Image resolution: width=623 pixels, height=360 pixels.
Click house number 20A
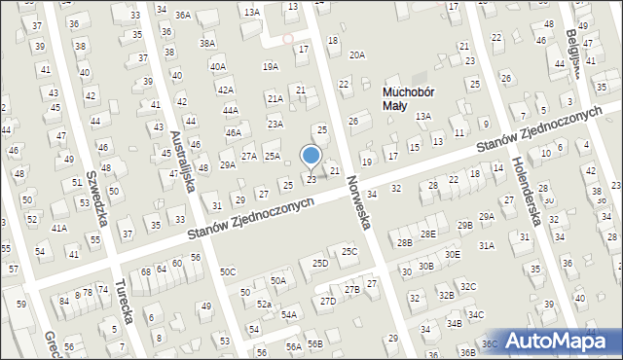(357, 55)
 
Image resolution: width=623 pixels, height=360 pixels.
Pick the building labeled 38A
(206, 44)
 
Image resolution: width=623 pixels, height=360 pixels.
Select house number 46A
(233, 132)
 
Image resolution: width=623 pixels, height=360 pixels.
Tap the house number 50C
(228, 271)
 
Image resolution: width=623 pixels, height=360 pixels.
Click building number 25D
(319, 264)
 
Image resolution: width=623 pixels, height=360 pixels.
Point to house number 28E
(428, 234)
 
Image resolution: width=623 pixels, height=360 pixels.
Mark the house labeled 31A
(486, 246)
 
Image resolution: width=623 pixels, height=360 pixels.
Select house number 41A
(59, 228)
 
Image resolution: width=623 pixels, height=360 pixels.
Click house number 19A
(271, 66)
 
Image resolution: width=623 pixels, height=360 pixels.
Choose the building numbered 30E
(452, 254)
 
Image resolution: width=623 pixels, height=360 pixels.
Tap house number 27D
(327, 301)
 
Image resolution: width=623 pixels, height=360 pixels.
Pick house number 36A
(182, 16)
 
